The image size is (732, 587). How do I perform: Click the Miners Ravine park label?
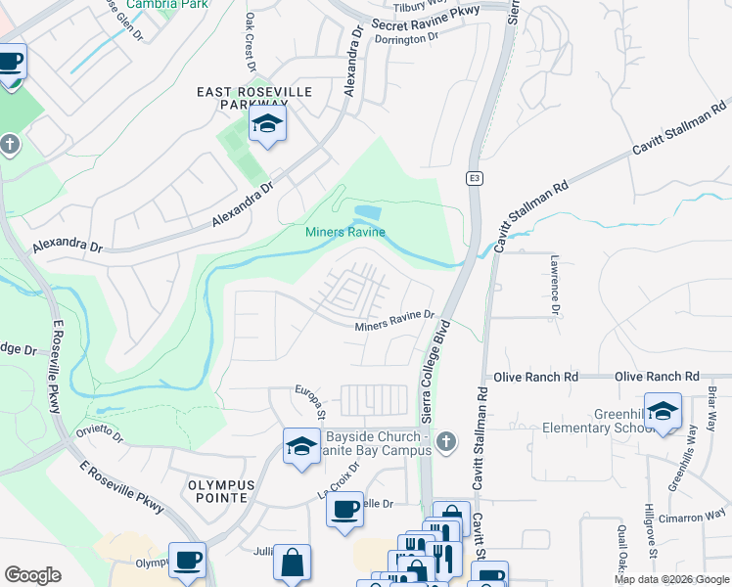click(345, 232)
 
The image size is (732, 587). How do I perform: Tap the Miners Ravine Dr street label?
click(394, 319)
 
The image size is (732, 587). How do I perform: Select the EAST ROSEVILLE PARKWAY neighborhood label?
click(254, 98)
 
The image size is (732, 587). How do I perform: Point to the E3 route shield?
click(474, 178)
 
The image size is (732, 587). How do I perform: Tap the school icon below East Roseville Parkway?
click(265, 124)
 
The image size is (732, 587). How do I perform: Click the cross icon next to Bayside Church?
click(446, 441)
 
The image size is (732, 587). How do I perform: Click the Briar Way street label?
click(709, 415)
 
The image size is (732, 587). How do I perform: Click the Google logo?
click(33, 575)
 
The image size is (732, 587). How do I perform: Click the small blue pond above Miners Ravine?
click(367, 212)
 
